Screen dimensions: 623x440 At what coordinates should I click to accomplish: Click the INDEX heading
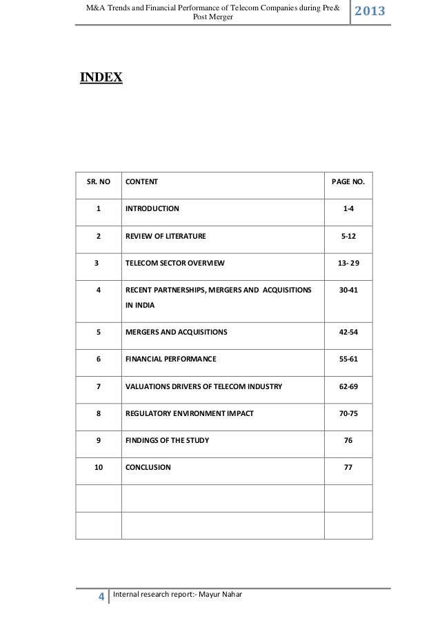tap(101, 77)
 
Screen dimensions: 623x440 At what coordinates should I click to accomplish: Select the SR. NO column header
tap(98, 182)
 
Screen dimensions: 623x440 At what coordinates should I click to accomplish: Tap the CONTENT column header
tap(141, 182)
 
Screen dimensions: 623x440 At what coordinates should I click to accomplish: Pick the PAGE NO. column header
tap(348, 182)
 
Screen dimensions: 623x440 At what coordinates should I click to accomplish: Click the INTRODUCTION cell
tap(152, 208)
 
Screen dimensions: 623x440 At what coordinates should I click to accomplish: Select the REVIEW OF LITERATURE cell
tap(166, 237)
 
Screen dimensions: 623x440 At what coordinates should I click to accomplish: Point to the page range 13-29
tap(348, 264)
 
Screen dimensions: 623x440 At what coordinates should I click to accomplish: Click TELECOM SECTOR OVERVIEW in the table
tap(174, 264)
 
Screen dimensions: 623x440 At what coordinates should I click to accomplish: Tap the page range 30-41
tap(348, 291)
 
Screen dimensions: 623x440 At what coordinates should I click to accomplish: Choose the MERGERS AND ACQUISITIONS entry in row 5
tap(176, 333)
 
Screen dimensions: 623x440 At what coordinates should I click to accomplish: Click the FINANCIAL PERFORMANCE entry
tap(170, 359)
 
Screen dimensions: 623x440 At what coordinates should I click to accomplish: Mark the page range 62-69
tap(348, 387)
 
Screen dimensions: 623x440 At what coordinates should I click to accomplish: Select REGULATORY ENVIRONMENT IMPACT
tap(189, 414)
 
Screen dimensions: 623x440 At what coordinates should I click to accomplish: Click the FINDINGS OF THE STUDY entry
tap(167, 440)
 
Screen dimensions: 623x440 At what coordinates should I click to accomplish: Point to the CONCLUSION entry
tap(148, 467)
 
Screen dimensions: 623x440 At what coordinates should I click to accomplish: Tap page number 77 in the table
tap(348, 467)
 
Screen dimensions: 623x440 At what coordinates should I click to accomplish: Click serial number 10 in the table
tap(98, 467)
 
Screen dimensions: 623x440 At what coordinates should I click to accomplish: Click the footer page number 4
tap(101, 597)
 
